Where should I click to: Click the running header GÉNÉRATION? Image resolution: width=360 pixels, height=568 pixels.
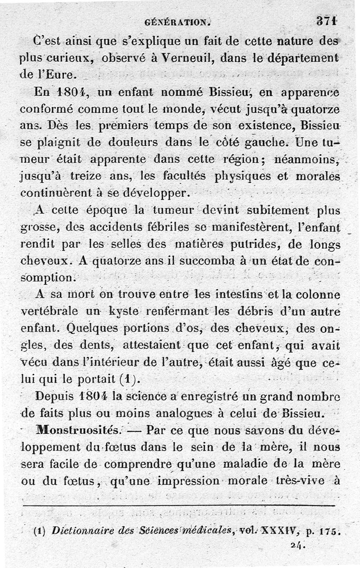pos(178,21)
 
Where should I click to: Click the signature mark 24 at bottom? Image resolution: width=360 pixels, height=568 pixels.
pos(298,546)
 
